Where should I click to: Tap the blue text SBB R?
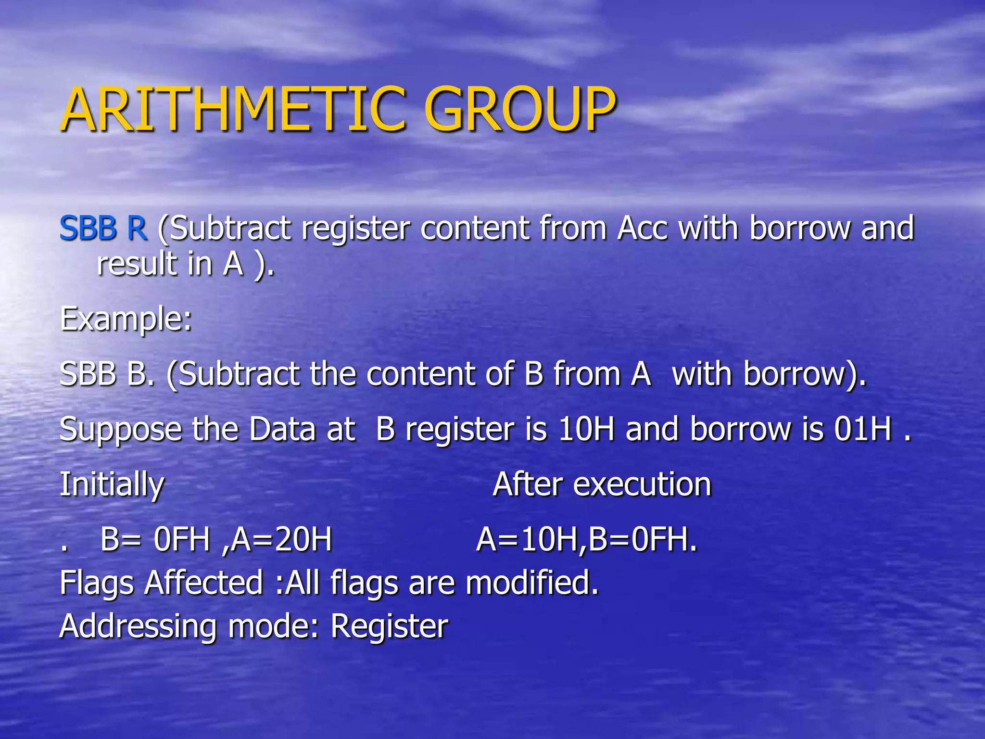tap(103, 228)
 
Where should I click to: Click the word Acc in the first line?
tap(643, 228)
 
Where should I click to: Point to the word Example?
tap(126, 319)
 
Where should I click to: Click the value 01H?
tap(863, 429)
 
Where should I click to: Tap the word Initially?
tap(112, 484)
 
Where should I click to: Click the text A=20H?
tap(281, 539)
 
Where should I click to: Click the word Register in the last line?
tap(389, 627)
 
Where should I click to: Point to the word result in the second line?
tap(137, 264)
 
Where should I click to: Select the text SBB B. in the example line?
tap(107, 374)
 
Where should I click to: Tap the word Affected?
tap(204, 583)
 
